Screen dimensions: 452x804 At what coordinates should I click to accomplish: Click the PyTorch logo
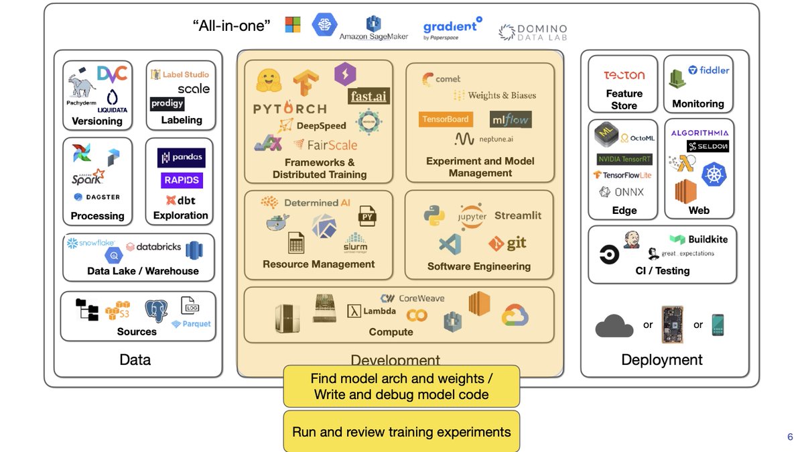point(289,109)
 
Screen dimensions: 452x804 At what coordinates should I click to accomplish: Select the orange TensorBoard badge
point(446,119)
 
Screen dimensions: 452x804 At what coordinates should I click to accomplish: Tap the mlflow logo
point(510,119)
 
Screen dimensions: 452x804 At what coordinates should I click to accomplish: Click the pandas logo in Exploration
point(182,158)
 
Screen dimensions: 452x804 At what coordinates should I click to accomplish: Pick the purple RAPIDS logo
point(182,180)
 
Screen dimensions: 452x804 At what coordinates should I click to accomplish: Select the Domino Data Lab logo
point(533,32)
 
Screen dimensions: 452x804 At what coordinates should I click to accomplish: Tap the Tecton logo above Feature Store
point(624,76)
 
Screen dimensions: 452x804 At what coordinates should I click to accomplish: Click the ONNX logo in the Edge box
point(620,192)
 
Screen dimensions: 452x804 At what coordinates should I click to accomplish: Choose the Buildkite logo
point(698,239)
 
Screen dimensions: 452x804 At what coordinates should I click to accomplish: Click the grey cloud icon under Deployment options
point(614,326)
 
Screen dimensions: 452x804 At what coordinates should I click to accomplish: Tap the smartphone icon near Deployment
point(718,325)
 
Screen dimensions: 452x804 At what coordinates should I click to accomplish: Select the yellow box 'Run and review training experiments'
point(401,433)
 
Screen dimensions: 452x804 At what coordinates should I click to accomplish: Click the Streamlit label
point(518,215)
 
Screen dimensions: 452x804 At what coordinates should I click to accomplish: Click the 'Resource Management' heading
point(318,264)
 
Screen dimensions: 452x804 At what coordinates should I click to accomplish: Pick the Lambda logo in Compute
point(371,311)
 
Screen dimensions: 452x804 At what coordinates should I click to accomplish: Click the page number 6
point(790,437)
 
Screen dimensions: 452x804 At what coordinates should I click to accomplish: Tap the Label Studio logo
point(180,74)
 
